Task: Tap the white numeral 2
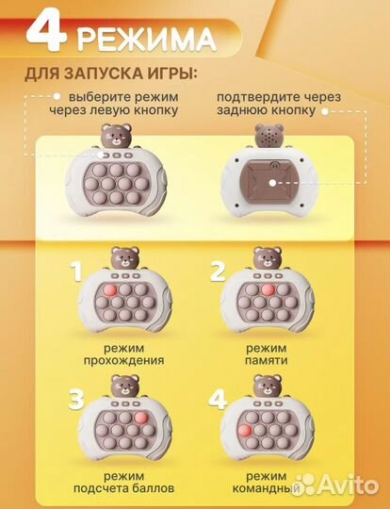point(217,274)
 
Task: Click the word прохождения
point(122,359)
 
